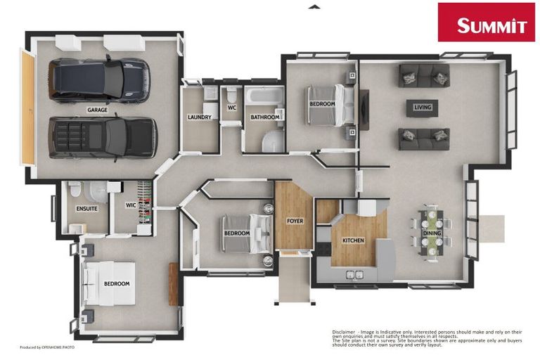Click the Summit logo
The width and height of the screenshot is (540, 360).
(x=487, y=23)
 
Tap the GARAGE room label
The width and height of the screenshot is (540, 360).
(x=97, y=110)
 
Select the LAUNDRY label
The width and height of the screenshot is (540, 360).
(x=200, y=117)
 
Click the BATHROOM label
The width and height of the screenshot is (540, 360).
(x=264, y=117)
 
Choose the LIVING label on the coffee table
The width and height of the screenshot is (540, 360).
(x=423, y=108)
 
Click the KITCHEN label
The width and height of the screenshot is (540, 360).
(x=353, y=240)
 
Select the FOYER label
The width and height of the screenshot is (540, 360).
(x=295, y=221)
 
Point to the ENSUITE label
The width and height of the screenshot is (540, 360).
(x=86, y=209)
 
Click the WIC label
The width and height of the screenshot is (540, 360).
(x=131, y=205)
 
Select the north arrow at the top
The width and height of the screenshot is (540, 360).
(x=314, y=6)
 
